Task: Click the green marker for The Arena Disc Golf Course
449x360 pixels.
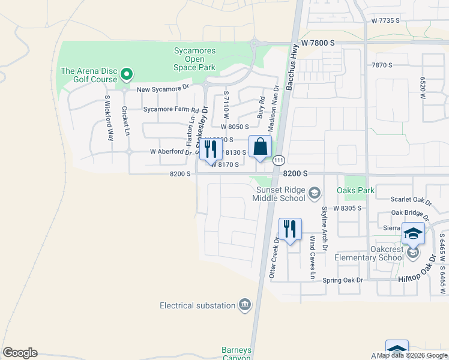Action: pos(126,74)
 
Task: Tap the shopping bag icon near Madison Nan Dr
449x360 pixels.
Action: pos(260,147)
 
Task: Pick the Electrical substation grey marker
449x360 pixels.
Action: pos(244,305)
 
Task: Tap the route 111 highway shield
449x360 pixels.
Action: pos(278,161)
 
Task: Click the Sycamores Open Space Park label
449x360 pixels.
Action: pos(194,59)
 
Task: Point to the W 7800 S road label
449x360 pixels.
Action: pos(318,43)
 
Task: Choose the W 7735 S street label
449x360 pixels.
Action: pos(385,20)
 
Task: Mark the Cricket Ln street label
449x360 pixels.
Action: pos(125,121)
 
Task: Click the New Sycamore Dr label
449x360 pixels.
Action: pos(163,89)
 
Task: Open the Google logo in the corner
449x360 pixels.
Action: pos(20,353)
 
